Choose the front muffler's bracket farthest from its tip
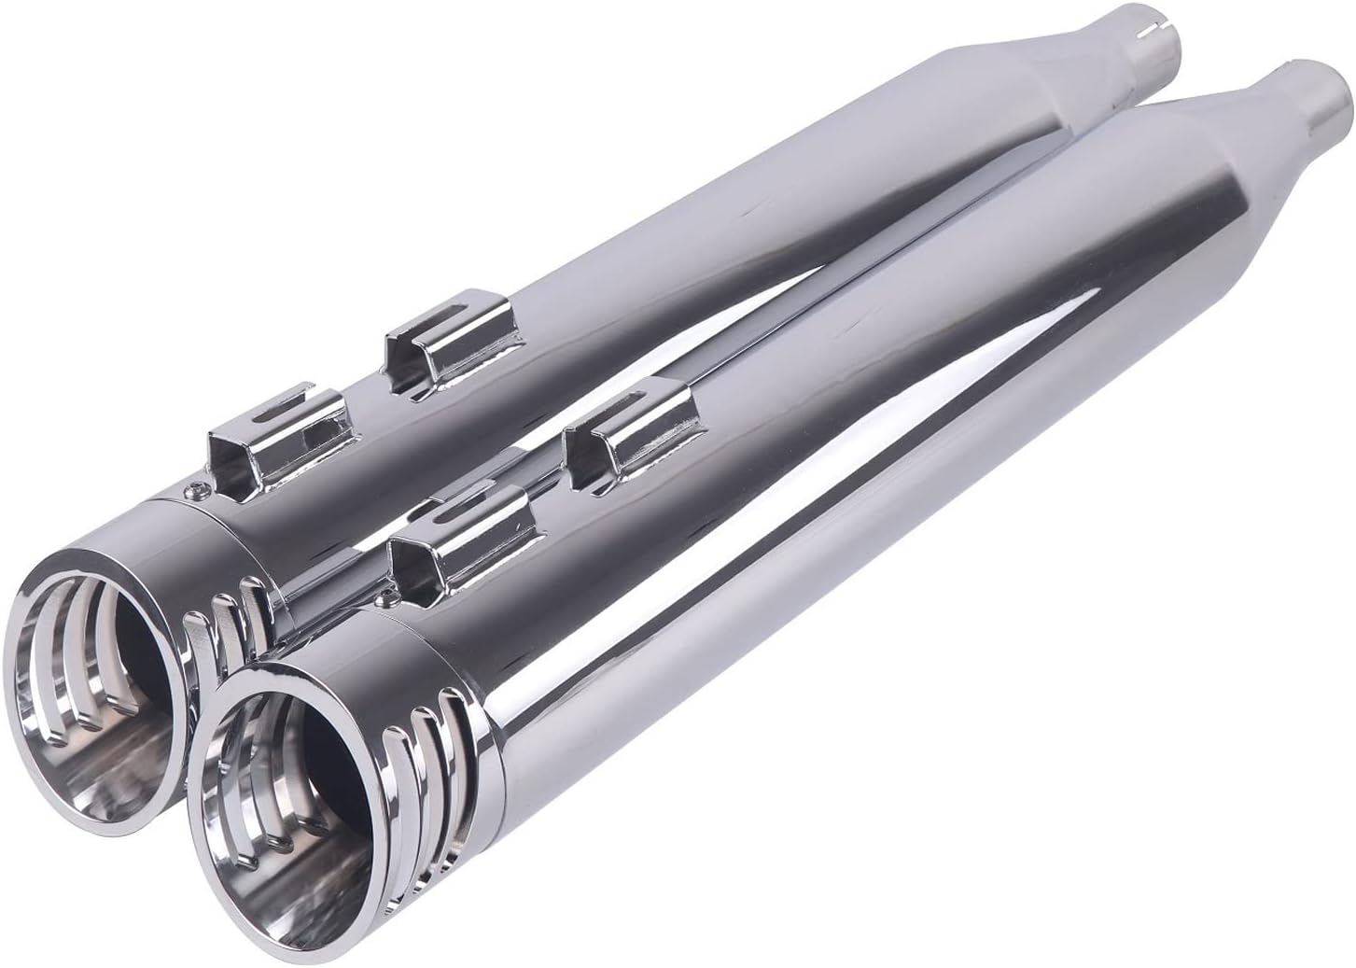click(635, 434)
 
